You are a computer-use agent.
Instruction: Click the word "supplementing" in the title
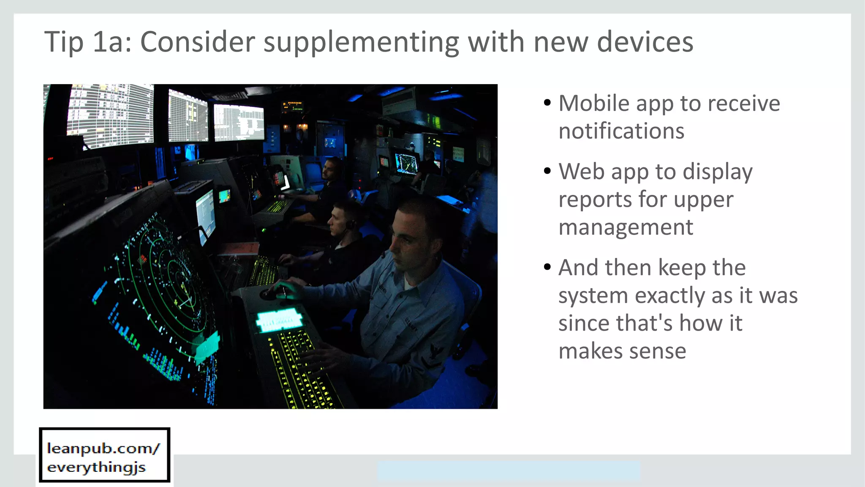pyautogui.click(x=361, y=42)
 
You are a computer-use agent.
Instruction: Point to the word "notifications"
pyautogui.click(x=621, y=131)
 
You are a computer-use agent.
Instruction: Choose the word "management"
pyautogui.click(x=626, y=227)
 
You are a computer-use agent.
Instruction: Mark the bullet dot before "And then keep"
pyautogui.click(x=547, y=267)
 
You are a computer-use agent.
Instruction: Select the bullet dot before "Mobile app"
pyautogui.click(x=547, y=103)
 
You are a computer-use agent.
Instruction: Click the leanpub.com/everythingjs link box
pyautogui.click(x=104, y=455)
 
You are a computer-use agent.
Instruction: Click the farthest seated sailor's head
pyautogui.click(x=332, y=168)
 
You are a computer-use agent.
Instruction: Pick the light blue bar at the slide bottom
pyautogui.click(x=509, y=471)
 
